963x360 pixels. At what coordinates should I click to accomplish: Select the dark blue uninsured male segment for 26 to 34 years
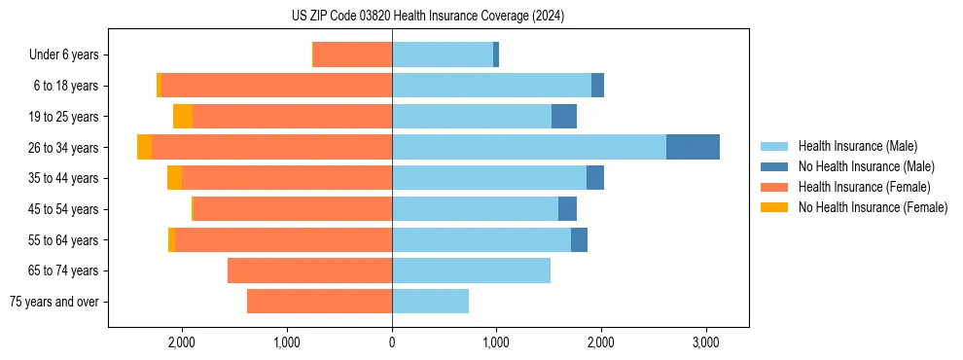point(693,147)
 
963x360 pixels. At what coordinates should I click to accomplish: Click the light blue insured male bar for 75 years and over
point(430,302)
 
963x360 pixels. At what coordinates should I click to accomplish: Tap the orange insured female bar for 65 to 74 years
point(309,270)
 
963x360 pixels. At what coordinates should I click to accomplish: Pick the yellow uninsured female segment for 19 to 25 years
point(183,117)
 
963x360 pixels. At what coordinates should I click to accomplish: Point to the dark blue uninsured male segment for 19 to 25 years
point(564,117)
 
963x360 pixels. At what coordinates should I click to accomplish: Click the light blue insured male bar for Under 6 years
point(442,55)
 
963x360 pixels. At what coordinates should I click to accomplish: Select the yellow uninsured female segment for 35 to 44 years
point(174,178)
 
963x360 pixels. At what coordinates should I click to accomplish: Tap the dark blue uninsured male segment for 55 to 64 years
point(579,239)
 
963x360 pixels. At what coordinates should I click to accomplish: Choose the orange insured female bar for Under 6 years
point(353,55)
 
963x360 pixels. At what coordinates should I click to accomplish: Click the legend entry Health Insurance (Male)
point(857,146)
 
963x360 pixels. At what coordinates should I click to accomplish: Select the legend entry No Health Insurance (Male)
point(866,166)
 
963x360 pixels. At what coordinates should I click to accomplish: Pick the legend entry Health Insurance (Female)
point(865,187)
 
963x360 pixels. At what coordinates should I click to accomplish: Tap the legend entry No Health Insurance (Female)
point(873,207)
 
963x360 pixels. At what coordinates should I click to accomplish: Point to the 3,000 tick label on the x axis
point(706,342)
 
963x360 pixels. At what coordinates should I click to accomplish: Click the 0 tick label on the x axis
point(392,342)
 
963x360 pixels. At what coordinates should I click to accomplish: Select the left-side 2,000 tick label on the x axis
point(183,342)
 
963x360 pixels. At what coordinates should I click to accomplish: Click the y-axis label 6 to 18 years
point(66,86)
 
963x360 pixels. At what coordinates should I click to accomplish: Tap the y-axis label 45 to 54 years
point(63,209)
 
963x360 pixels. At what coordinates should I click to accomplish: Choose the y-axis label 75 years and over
point(53,302)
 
